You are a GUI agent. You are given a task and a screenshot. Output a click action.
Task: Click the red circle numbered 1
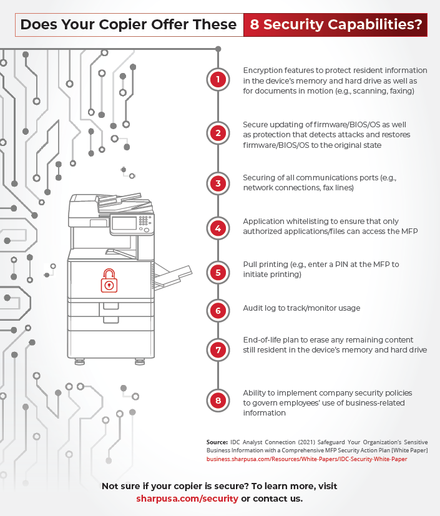217,79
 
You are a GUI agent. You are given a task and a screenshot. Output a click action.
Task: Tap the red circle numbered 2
217,133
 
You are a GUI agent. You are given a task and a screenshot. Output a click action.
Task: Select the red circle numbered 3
217,183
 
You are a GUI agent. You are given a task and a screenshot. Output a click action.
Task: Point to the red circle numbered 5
217,272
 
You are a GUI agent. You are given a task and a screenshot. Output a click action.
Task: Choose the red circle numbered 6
217,310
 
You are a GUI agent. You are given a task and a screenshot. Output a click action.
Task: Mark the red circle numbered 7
217,349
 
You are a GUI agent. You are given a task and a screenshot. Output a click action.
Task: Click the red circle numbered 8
217,400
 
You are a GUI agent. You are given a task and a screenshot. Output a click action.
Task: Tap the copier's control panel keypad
145,221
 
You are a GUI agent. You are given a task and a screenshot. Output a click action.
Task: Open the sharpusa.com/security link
187,499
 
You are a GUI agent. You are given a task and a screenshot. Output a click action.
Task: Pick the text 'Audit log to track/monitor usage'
301,308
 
